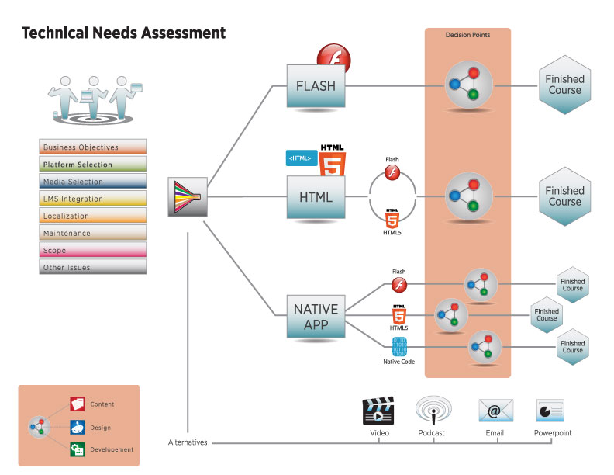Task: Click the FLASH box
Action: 316,86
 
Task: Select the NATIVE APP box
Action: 316,316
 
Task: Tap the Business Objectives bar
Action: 93,147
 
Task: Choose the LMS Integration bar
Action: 93,199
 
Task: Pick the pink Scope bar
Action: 93,250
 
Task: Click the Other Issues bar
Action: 93,267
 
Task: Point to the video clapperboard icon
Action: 378,411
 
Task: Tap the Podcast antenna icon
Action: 433,410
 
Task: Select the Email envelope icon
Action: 495,411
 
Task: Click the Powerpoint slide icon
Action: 550,411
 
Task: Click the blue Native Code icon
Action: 399,347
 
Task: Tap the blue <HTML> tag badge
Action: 302,158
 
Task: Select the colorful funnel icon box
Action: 188,196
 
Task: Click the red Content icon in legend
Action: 78,404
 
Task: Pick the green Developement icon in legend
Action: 78,449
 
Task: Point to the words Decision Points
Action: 467,35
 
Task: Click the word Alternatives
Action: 188,442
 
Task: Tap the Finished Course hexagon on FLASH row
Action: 564,85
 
